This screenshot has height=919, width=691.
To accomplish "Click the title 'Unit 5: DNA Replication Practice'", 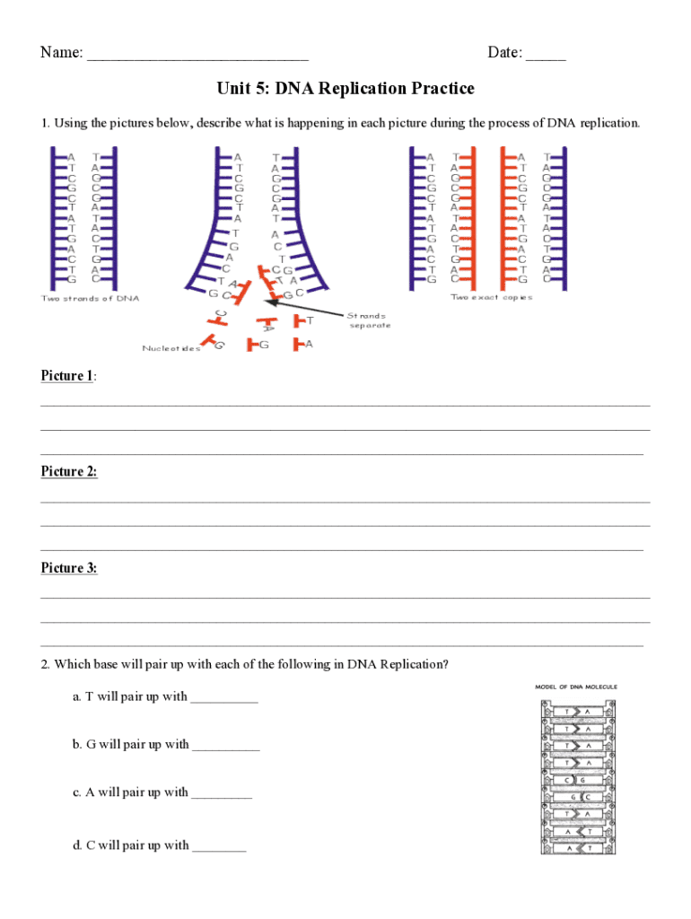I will pyautogui.click(x=345, y=89).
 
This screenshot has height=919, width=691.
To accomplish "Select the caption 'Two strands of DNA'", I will pyautogui.click(x=90, y=298).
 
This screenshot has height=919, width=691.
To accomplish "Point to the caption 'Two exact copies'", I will pyautogui.click(x=492, y=297).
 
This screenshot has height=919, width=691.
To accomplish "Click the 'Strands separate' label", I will pyautogui.click(x=369, y=319).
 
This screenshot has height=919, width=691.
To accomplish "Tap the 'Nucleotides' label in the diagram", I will pyautogui.click(x=171, y=348).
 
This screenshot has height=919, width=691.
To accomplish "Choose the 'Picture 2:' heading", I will pyautogui.click(x=69, y=472).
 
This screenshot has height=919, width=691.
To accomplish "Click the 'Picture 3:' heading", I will pyautogui.click(x=69, y=568).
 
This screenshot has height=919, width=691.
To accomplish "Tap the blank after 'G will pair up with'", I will pyautogui.click(x=225, y=746).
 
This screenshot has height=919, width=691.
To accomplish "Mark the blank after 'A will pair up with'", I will pyautogui.click(x=222, y=794).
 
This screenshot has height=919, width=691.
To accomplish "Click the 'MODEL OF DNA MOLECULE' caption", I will pyautogui.click(x=576, y=687).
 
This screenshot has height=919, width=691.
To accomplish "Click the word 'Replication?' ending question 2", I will pyautogui.click(x=414, y=665).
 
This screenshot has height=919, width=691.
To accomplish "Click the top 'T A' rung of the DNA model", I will pyautogui.click(x=575, y=712).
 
